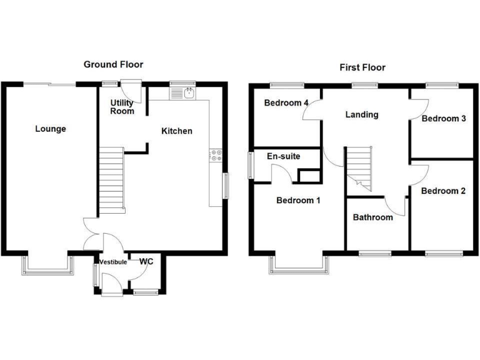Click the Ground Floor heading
coord(114,64)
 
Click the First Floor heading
coord(362,67)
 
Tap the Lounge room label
coord(51,129)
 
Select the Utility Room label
coord(122,107)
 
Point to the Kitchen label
coord(177,131)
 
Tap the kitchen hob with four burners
coord(215,155)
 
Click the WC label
coord(146,261)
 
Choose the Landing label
coord(362,115)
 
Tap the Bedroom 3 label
coord(444,119)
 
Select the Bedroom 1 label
coord(298,201)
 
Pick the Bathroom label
coord(372,217)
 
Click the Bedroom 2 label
coord(442,191)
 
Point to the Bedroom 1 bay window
coord(299,265)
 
